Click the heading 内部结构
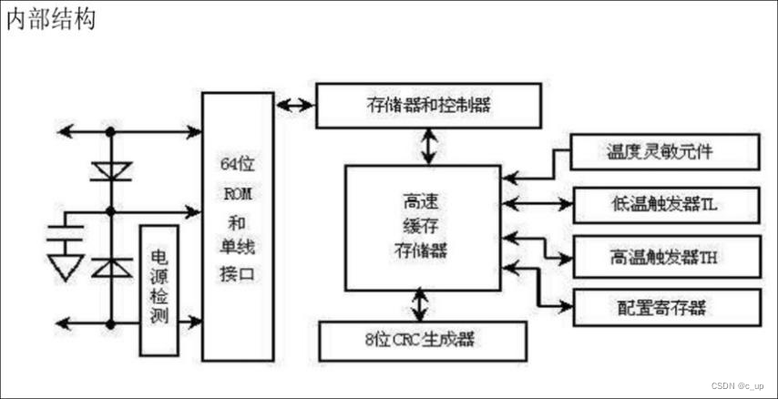(51, 18)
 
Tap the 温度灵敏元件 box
(664, 151)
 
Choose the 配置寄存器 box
(666, 307)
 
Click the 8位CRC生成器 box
(422, 341)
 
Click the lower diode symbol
(111, 266)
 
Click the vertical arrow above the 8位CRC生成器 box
(421, 303)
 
